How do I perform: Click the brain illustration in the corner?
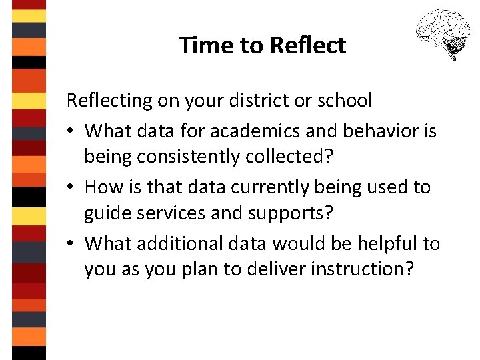tap(442, 34)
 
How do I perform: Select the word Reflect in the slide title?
tap(308, 45)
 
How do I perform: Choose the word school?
tap(344, 101)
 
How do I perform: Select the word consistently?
tap(185, 157)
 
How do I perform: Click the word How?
tap(103, 187)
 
